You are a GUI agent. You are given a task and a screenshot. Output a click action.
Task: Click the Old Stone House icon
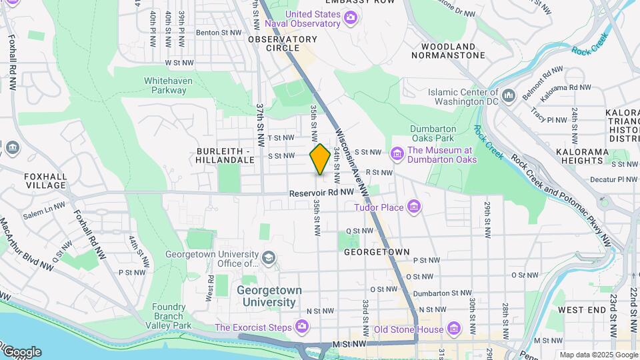(454, 329)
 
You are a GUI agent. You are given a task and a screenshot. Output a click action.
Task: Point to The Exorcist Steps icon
(302, 327)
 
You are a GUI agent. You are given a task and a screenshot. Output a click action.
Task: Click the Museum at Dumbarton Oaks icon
(397, 155)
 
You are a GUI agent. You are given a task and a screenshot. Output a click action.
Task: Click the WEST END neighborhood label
(581, 310)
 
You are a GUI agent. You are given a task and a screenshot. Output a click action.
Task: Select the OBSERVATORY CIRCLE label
(283, 43)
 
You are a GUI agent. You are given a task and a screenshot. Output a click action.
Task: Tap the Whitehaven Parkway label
(165, 85)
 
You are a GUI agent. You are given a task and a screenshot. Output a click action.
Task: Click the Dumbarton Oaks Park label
(433, 134)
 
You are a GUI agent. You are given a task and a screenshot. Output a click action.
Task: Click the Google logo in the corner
(21, 351)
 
